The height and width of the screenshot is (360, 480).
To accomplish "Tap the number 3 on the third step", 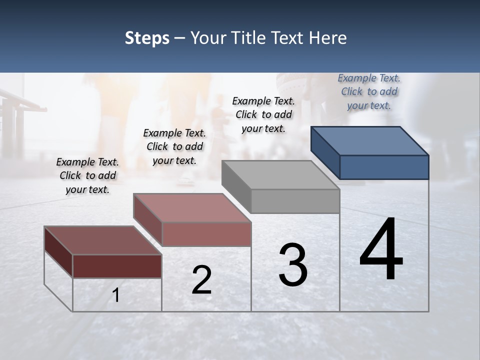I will pyautogui.click(x=293, y=265).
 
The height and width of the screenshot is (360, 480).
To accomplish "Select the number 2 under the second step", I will pyautogui.click(x=201, y=280).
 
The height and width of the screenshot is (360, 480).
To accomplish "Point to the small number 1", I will pyautogui.click(x=116, y=295).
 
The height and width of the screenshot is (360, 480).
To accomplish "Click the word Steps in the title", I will pyautogui.click(x=147, y=38).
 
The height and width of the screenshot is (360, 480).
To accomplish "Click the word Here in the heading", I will pyautogui.click(x=327, y=38).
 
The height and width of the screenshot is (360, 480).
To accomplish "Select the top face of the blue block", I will pyautogui.click(x=370, y=140).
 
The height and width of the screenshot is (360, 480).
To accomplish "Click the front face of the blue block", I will pyautogui.click(x=384, y=167).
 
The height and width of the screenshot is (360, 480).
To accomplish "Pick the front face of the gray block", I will pyautogui.click(x=295, y=201).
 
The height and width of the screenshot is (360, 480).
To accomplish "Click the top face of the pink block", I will pyautogui.click(x=192, y=208).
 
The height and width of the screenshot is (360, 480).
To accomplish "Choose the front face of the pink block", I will pyautogui.click(x=206, y=234).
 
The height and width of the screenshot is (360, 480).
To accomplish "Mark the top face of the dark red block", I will pyautogui.click(x=103, y=240).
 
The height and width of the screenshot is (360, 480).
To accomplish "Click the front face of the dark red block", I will pyautogui.click(x=117, y=266).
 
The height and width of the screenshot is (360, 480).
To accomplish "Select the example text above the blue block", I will pyautogui.click(x=369, y=91).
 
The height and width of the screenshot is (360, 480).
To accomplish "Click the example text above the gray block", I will pyautogui.click(x=263, y=114).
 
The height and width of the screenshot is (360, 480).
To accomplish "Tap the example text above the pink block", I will pyautogui.click(x=174, y=146).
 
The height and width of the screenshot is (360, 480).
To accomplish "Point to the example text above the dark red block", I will pyautogui.click(x=87, y=175).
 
